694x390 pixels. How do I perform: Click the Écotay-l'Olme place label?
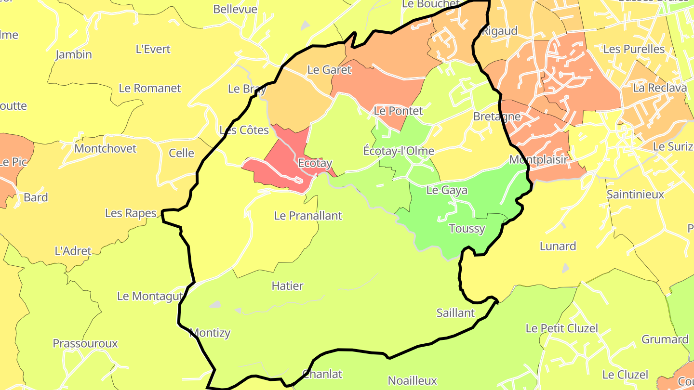(x=398, y=151)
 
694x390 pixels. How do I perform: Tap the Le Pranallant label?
(x=307, y=216)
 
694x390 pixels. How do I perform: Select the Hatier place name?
(x=287, y=286)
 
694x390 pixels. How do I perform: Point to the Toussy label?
(x=467, y=229)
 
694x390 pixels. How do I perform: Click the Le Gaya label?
(x=447, y=190)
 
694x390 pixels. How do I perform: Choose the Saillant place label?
(x=455, y=313)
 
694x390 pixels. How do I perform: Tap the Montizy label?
(x=210, y=333)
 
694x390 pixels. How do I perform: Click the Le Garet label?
(x=329, y=70)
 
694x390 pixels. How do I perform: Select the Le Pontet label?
(x=398, y=111)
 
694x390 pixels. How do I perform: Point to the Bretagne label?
(x=497, y=117)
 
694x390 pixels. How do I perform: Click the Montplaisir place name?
(x=538, y=159)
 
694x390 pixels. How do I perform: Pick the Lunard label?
(x=558, y=247)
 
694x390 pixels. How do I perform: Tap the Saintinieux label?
(x=635, y=195)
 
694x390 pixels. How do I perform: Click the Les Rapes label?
(x=131, y=213)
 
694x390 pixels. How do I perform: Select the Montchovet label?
(x=106, y=148)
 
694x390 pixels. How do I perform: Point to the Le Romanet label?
(x=150, y=89)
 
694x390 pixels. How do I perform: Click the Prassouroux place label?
(x=85, y=344)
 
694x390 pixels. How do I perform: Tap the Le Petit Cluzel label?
(x=561, y=328)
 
